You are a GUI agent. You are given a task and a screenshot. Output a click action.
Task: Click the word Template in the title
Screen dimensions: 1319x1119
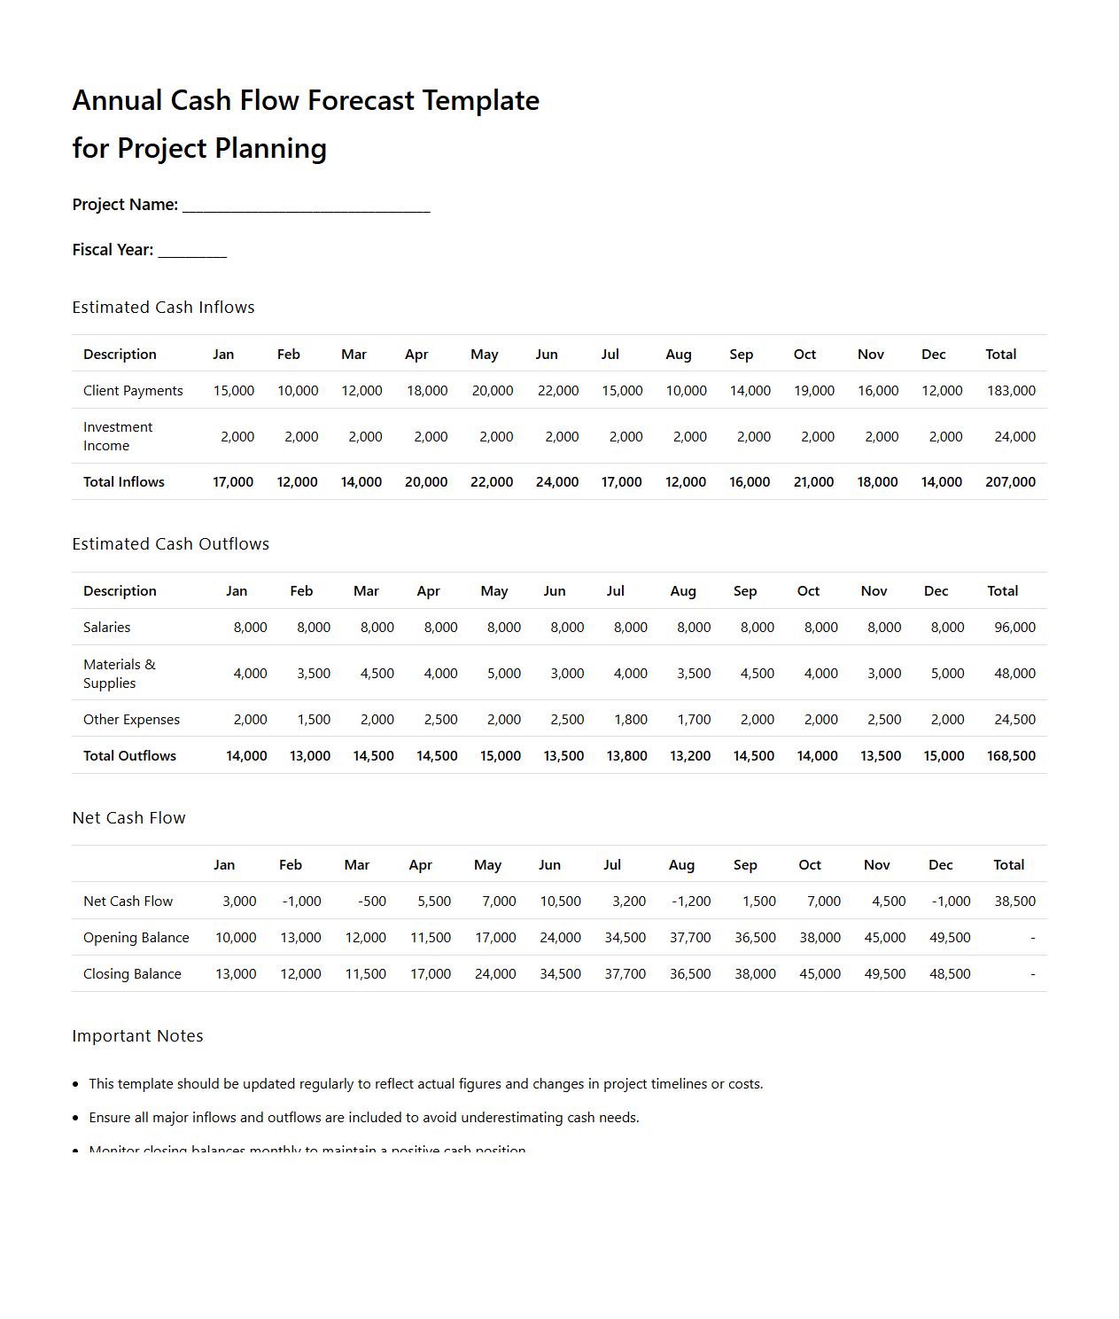(479, 101)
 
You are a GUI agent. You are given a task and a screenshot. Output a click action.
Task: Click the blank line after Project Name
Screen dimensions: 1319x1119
(306, 207)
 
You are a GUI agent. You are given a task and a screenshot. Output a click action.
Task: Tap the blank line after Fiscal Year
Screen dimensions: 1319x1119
(192, 252)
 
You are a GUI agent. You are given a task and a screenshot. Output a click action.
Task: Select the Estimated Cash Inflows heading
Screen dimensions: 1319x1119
(163, 308)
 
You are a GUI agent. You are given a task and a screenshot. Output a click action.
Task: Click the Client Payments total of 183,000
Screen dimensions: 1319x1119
(1011, 391)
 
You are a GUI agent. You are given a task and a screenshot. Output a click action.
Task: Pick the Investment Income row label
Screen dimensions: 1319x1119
(118, 436)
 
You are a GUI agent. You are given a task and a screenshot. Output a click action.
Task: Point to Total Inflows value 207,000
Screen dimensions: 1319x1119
(1010, 482)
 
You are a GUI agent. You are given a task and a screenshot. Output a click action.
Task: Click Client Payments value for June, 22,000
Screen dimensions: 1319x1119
(557, 391)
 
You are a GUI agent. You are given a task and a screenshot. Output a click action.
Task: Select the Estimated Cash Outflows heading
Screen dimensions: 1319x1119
(170, 544)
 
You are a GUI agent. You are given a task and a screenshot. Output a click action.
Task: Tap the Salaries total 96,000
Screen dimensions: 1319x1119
(1014, 628)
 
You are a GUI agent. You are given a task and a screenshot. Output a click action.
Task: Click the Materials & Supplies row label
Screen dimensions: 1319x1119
(119, 674)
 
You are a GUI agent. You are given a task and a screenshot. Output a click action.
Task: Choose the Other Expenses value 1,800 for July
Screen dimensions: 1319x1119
(630, 720)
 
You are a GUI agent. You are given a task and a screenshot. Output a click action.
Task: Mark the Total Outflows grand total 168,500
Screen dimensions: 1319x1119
(1011, 756)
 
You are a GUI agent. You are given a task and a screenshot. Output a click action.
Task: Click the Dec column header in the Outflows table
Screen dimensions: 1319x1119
(936, 591)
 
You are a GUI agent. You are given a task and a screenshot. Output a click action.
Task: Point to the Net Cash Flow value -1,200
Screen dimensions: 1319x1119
(690, 901)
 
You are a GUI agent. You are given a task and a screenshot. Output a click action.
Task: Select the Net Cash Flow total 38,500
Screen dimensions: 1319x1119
(1014, 901)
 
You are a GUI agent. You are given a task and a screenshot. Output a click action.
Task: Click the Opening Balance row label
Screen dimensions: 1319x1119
(136, 938)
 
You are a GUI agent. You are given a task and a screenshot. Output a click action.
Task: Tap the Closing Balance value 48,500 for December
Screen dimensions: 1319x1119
(950, 974)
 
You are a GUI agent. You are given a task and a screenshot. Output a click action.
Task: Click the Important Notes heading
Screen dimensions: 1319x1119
(137, 1036)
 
